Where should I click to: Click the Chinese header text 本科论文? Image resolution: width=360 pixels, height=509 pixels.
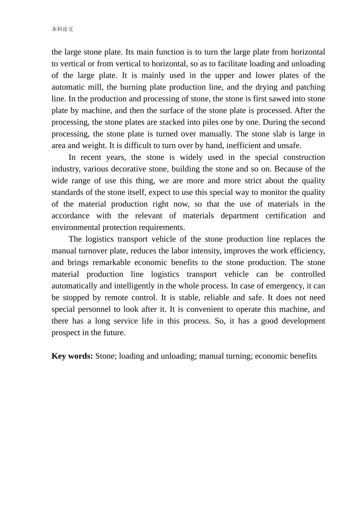click(x=63, y=29)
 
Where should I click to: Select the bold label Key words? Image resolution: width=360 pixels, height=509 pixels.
click(x=72, y=356)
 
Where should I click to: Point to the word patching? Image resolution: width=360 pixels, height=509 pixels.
click(x=311, y=87)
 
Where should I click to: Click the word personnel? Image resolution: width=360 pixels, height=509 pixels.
click(x=92, y=309)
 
